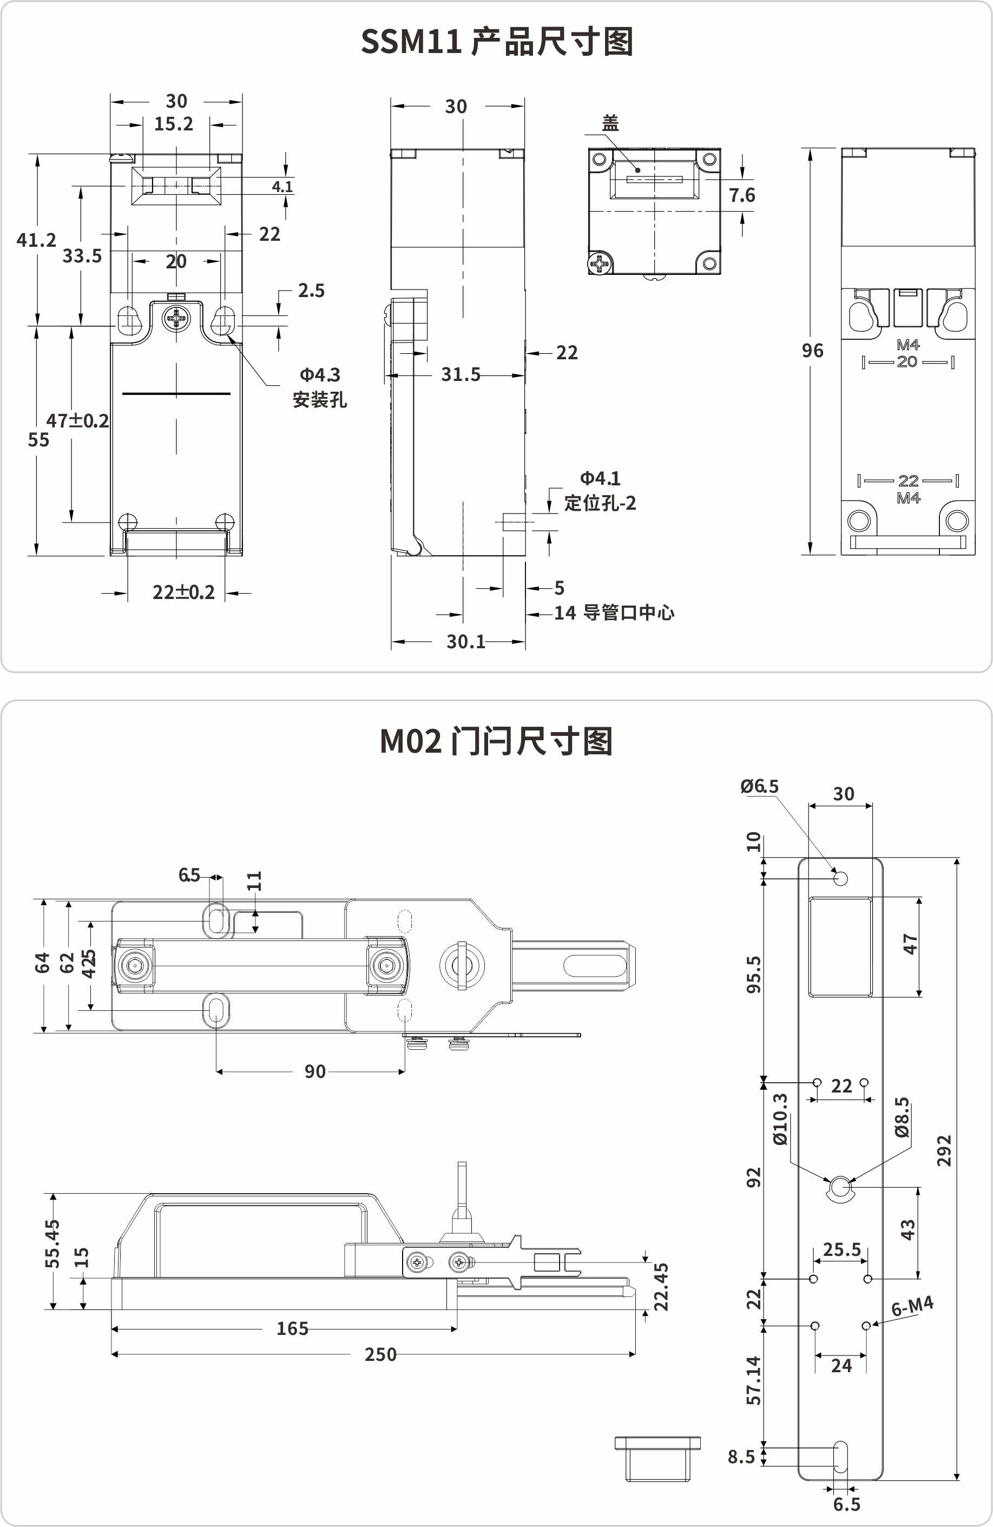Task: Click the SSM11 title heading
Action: pos(497,42)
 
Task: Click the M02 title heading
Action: pos(496,741)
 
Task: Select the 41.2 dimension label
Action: pos(36,240)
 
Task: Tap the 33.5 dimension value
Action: pos(82,256)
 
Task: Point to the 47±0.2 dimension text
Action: pos(77,421)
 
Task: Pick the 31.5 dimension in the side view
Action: pos(461,374)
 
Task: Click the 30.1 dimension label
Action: pos(466,641)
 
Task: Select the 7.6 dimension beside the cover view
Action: pos(741,195)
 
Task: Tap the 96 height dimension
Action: pos(812,350)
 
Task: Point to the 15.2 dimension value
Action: pos(173,124)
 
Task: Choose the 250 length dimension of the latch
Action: pos(380,1354)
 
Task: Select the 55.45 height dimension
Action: pos(52,1243)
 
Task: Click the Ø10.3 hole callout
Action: pos(779,1119)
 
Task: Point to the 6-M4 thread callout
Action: pos(912,1306)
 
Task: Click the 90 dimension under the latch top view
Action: pos(314,1071)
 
